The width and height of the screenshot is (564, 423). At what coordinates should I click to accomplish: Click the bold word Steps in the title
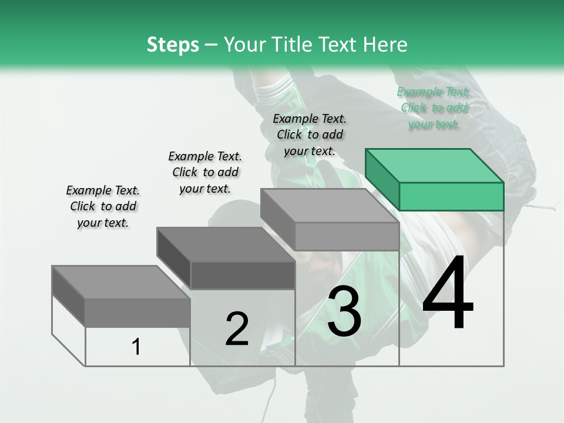coord(173,45)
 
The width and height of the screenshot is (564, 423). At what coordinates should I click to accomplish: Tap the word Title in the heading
coord(295,45)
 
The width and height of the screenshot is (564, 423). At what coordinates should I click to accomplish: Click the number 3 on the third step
coord(344,311)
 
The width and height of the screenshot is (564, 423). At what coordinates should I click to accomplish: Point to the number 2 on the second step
coord(237,329)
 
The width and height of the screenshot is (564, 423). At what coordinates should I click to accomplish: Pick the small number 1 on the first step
coord(136,347)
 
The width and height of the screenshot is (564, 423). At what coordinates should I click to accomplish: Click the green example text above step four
coord(434,108)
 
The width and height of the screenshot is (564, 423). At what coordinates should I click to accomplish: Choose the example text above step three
coord(310,135)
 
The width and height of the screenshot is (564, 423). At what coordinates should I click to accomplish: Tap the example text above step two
coord(205,172)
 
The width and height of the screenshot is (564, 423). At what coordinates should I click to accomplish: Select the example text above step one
coord(103,206)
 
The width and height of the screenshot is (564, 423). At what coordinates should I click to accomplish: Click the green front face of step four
coord(451,196)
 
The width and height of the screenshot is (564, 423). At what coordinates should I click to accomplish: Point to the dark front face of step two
coord(243,275)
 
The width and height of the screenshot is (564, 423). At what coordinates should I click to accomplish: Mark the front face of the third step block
coord(347,236)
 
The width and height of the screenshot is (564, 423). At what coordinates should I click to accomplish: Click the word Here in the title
coord(387,45)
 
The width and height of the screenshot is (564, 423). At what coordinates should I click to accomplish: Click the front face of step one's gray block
coord(137,312)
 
